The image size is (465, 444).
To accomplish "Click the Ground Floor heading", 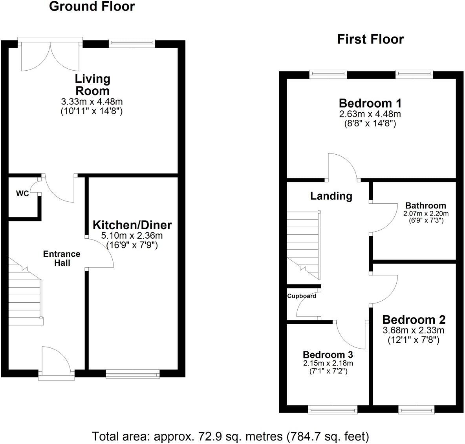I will click(92, 7).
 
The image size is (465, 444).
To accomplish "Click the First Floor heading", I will click(370, 39).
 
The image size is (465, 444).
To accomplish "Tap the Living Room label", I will click(93, 84).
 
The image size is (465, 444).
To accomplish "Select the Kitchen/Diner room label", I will click(132, 225).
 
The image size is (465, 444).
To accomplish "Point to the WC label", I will click(22, 194).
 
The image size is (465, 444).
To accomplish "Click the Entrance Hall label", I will click(62, 258).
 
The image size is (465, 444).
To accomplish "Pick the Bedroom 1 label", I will click(370, 103).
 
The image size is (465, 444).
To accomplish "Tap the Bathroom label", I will click(425, 205).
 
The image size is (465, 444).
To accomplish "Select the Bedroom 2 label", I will click(414, 319).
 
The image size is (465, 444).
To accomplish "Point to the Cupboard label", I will click(302, 296).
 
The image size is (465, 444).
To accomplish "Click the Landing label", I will click(331, 196).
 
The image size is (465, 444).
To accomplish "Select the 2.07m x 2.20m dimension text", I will click(426, 214).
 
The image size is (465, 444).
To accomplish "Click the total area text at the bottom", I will click(231, 436).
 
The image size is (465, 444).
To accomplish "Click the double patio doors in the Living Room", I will click(50, 55).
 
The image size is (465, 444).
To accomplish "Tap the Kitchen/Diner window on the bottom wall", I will click(133, 374).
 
